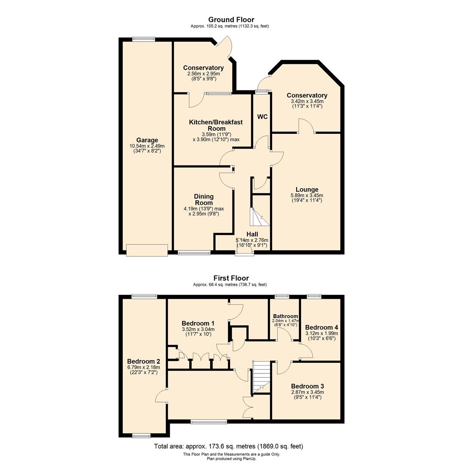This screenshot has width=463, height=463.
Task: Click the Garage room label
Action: click(x=147, y=140)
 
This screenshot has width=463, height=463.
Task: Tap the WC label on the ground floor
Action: click(x=262, y=117)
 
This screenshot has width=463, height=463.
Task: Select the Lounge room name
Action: click(x=307, y=189)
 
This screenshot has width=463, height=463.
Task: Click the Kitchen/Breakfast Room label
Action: click(x=216, y=125)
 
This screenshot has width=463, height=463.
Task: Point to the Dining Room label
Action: click(x=204, y=199)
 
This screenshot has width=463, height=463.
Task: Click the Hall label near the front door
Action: click(x=252, y=234)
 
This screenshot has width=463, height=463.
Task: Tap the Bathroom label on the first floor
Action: click(x=285, y=316)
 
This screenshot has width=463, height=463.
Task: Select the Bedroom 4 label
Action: click(x=321, y=326)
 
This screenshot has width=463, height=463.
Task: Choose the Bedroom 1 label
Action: click(x=198, y=323)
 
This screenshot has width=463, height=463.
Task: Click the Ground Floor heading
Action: click(x=231, y=20)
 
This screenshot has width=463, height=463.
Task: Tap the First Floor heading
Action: click(x=231, y=278)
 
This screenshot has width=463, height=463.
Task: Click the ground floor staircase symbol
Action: click(x=259, y=217)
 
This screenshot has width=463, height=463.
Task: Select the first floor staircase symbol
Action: click(x=262, y=377)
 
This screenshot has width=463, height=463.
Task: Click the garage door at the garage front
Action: click(x=147, y=250)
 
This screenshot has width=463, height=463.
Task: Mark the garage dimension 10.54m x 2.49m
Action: click(x=147, y=146)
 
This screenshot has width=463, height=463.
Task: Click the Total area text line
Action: click(x=231, y=446)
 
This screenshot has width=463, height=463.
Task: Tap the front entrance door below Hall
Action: click(x=244, y=253)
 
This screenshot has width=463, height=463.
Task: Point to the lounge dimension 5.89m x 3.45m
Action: click(x=307, y=195)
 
